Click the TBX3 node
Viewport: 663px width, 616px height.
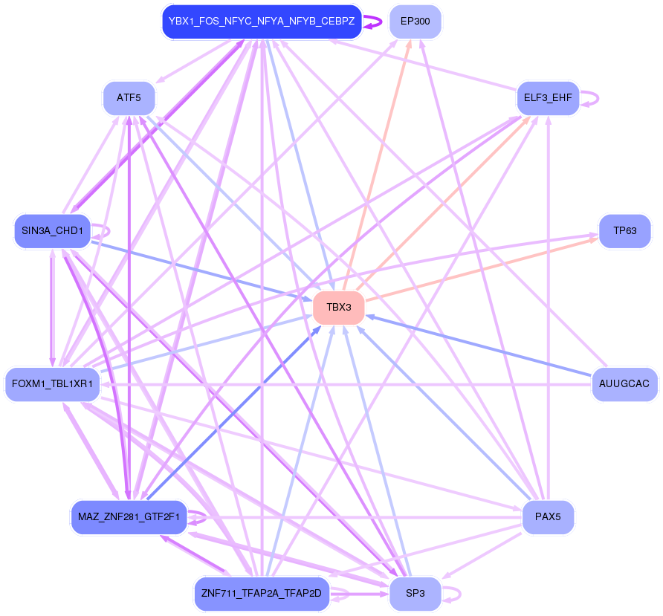(x=338, y=308)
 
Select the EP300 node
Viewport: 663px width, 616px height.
(x=415, y=22)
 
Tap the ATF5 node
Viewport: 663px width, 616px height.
(x=129, y=98)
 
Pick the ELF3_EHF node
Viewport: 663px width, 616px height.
(x=547, y=98)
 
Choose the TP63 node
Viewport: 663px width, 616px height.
(x=624, y=231)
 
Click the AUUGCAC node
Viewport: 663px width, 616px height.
(x=624, y=384)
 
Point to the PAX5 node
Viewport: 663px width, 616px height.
(x=548, y=517)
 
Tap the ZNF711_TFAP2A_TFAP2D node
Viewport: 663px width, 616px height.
(x=261, y=594)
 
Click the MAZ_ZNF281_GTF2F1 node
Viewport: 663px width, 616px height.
(x=129, y=517)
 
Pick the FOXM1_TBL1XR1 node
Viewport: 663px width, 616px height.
(x=52, y=384)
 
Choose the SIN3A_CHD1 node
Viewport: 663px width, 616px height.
(x=52, y=231)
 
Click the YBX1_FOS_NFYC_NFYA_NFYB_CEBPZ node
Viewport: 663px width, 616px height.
(x=261, y=22)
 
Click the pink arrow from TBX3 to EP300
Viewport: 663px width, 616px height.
(x=377, y=164)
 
